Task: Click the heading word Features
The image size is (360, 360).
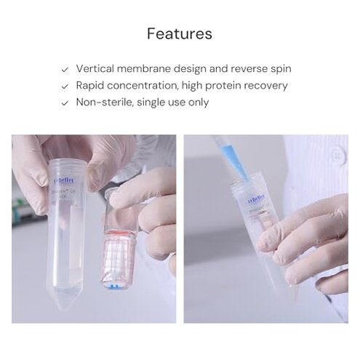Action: tap(180, 33)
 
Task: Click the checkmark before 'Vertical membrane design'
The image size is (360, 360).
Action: tap(65, 69)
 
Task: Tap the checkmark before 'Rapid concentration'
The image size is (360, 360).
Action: tap(65, 86)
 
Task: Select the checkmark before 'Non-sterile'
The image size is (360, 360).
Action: tap(65, 103)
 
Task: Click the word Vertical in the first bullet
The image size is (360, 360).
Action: tap(95, 69)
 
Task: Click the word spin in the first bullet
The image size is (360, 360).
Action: tap(279, 69)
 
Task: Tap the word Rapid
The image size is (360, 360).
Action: tap(92, 86)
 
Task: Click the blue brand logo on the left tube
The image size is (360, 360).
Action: tap(64, 177)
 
